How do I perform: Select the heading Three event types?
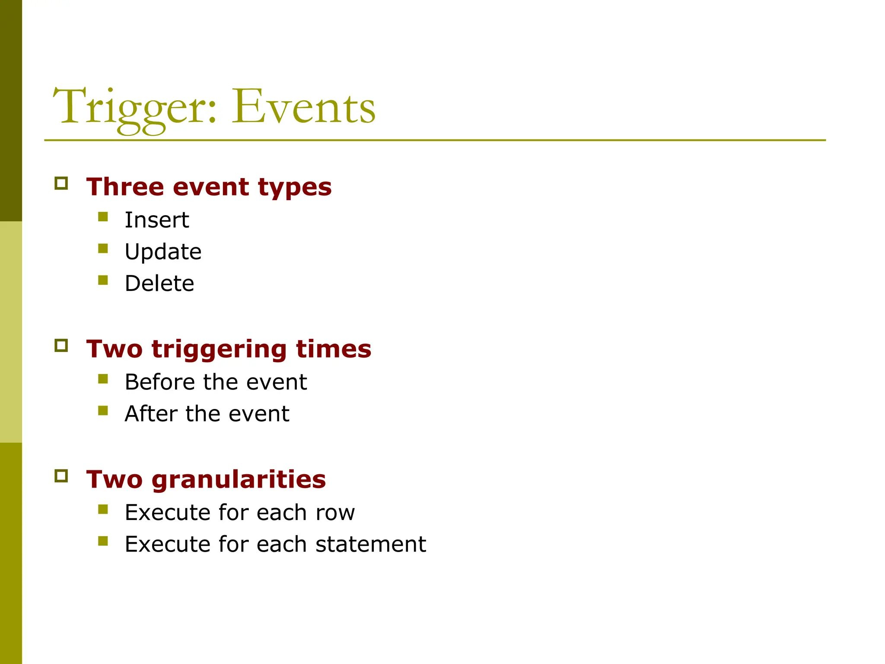[209, 187]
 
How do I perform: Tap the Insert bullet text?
[156, 220]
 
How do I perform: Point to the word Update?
[163, 252]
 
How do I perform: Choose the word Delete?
[159, 284]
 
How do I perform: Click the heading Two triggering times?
[229, 349]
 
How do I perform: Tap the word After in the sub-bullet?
[151, 414]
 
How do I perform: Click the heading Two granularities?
[206, 479]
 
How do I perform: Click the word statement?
[370, 544]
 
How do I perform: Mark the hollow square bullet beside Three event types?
[61, 183]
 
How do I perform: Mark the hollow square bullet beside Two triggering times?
[61, 345]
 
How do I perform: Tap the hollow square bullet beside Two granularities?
[61, 476]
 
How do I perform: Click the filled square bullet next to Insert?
[103, 217]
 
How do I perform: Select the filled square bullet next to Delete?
[103, 280]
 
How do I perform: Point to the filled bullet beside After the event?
[103, 410]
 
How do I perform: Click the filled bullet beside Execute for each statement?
[103, 541]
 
